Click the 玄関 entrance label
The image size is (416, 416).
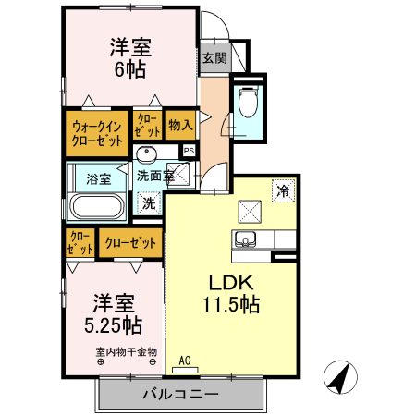coord(214,57)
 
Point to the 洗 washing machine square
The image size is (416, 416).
coord(149,202)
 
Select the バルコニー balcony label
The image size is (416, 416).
coord(180,395)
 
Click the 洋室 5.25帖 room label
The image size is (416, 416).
coord(116,314)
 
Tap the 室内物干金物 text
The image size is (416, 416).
coord(126,351)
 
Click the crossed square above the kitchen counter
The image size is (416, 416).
coord(250,212)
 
